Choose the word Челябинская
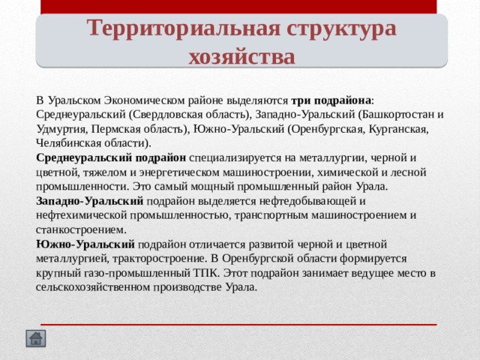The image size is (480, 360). click(69, 143)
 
